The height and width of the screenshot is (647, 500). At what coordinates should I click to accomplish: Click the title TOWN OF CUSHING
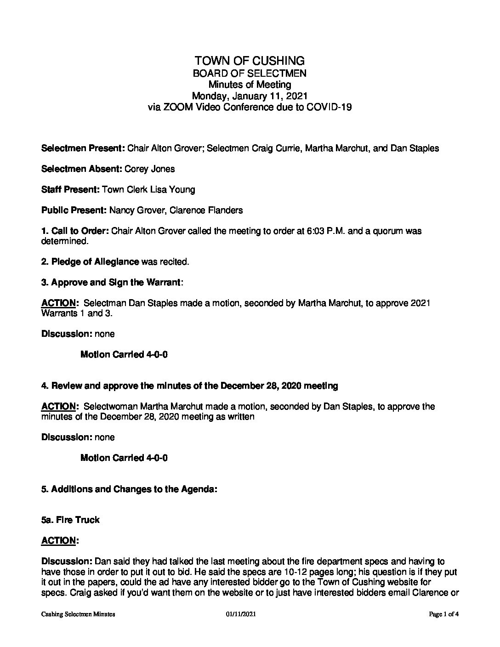[250, 61]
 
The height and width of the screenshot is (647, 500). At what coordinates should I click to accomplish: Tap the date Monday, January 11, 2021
[250, 96]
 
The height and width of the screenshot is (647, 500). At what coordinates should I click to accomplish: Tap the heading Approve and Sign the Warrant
[115, 283]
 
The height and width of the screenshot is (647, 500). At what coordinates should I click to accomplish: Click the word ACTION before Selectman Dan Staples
[58, 303]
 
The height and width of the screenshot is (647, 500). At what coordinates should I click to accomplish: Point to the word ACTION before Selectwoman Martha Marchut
[58, 407]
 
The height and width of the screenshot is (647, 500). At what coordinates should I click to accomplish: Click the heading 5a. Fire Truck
[70, 520]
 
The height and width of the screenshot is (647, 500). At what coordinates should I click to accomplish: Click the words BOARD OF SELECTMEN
[250, 73]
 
